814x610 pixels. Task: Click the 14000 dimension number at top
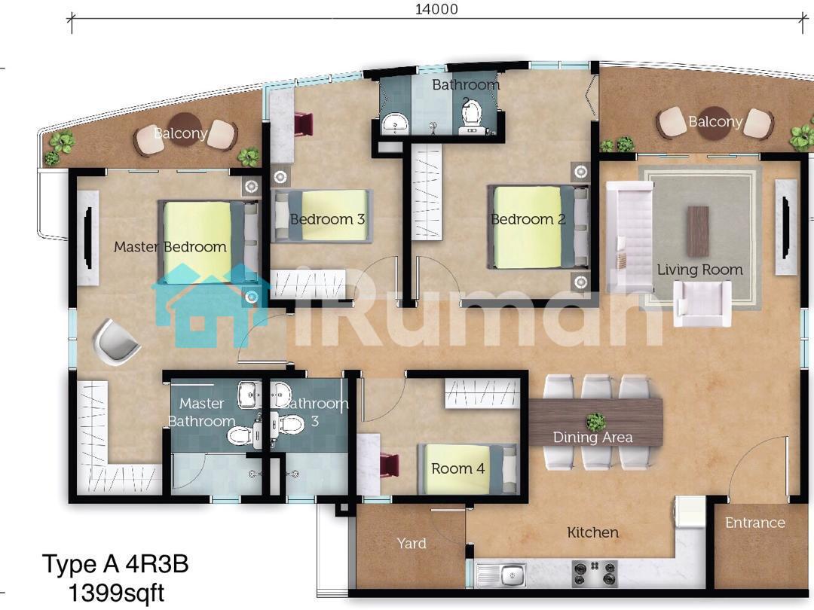436,9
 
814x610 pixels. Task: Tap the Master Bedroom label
170,247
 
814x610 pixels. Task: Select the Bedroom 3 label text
327,219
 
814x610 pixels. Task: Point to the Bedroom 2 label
528,219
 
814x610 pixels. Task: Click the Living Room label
699,270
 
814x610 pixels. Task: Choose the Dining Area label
593,438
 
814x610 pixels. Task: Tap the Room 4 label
458,468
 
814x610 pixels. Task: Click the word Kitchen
593,532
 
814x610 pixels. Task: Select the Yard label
412,543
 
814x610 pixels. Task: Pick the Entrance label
754,523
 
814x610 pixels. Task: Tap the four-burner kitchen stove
595,573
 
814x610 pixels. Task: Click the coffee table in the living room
698,231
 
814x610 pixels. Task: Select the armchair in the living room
702,303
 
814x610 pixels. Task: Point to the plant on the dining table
595,421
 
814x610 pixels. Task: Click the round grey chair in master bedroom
116,342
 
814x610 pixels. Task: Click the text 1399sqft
116,593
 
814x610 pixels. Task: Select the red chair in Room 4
390,464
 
